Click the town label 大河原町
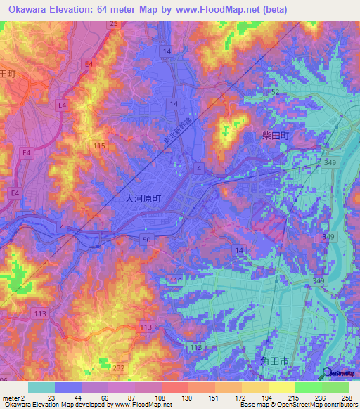pyautogui.click(x=143, y=199)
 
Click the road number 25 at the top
pyautogui.click(x=113, y=24)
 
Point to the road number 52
pyautogui.click(x=275, y=92)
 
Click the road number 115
pyautogui.click(x=99, y=145)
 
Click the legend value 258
pyautogui.click(x=346, y=398)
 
